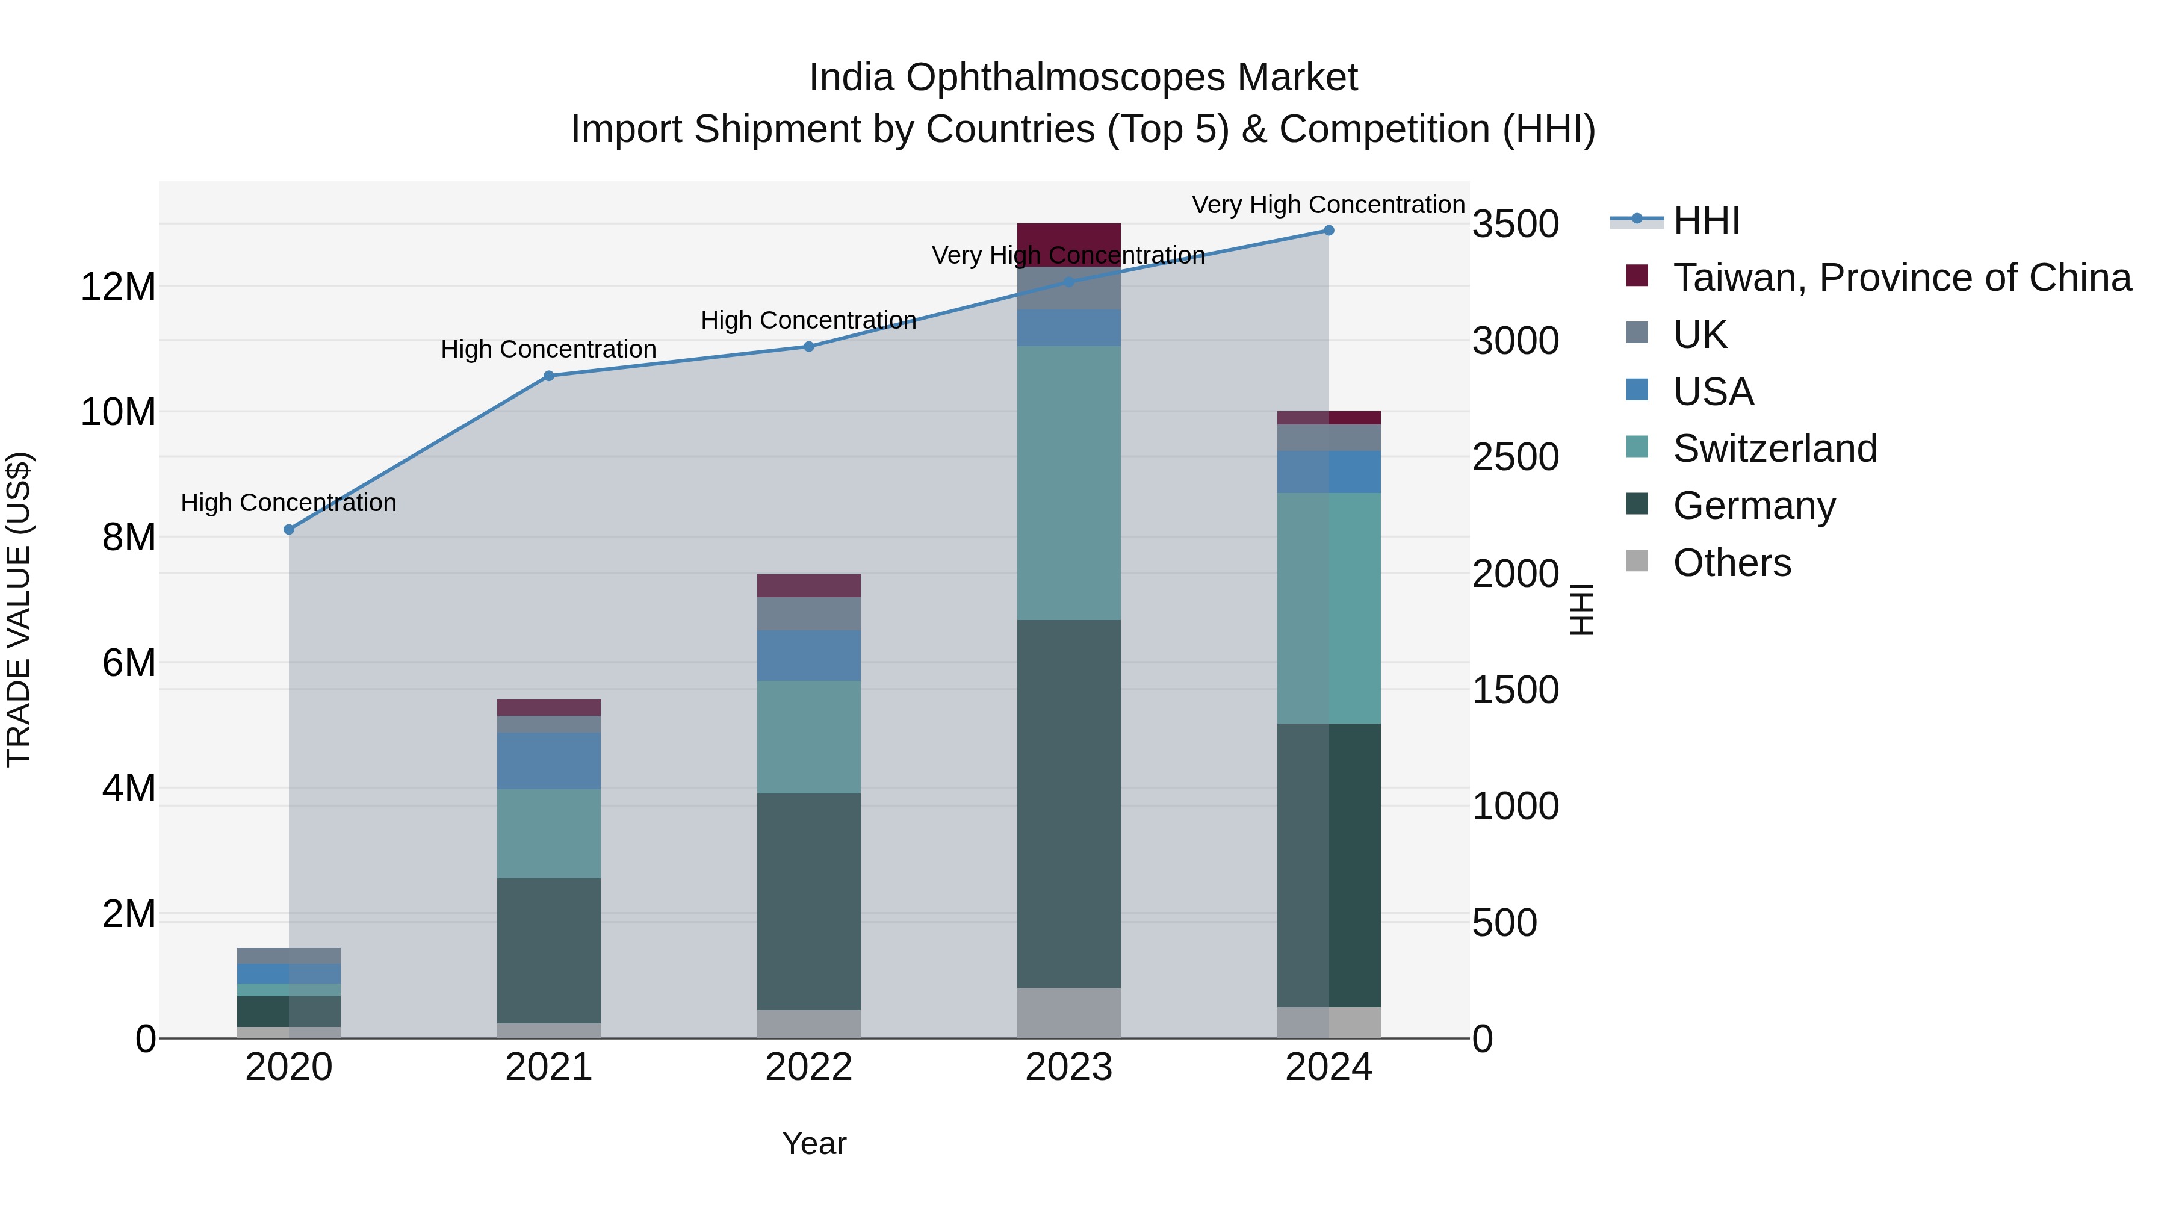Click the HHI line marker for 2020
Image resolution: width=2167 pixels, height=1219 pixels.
288,529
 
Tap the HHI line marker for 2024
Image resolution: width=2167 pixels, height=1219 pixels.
1329,231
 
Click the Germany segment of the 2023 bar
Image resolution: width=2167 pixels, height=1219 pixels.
1068,804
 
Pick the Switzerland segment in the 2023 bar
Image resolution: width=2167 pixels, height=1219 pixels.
1068,483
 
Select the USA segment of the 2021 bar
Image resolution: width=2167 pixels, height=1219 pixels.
548,760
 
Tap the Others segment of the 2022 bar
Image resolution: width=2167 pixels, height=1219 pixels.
808,1024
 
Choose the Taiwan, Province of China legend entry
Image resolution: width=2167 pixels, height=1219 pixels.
1901,278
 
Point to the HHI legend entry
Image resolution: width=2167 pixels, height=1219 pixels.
1706,220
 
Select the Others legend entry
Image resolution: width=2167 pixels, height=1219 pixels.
1731,563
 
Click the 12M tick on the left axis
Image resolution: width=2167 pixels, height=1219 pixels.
118,287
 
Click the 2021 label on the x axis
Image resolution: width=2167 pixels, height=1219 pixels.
548,1067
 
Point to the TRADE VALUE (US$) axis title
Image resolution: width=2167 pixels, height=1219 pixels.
19,609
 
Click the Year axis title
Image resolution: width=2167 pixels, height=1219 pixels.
813,1143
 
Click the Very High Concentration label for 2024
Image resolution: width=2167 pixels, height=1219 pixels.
1328,205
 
